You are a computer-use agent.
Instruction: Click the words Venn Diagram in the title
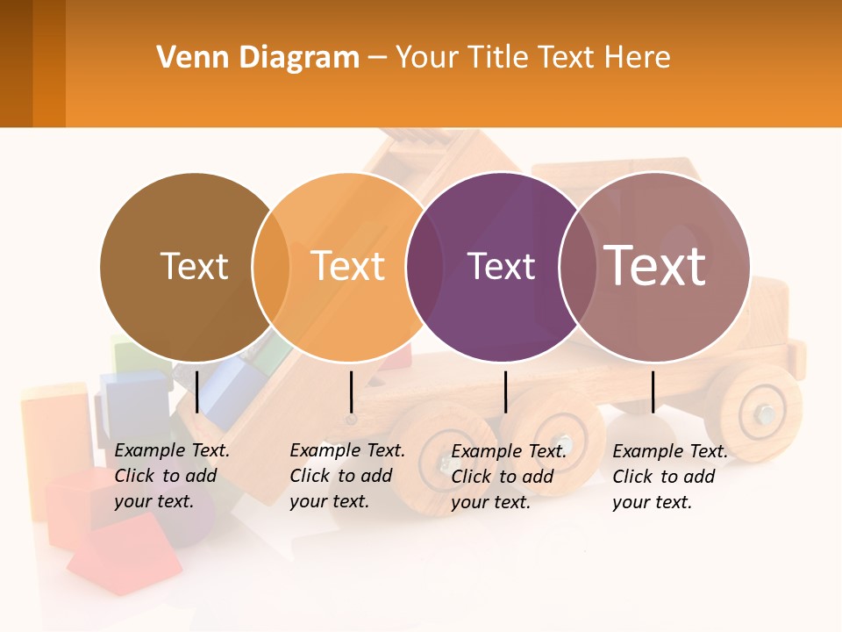[258, 58]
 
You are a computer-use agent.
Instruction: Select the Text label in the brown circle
[194, 266]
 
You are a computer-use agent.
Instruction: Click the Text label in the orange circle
[348, 266]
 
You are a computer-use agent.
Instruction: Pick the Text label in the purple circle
[501, 267]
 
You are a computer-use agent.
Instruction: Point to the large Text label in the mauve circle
[654, 265]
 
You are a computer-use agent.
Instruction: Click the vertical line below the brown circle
[196, 391]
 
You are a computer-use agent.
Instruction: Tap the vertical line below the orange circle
[351, 391]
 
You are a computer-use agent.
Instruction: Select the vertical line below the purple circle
[505, 391]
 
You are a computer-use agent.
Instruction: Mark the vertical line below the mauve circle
[653, 391]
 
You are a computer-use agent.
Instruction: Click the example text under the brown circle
[172, 476]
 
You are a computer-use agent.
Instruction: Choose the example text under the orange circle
[347, 476]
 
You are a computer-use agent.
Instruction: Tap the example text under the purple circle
[509, 477]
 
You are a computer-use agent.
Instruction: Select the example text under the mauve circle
[670, 477]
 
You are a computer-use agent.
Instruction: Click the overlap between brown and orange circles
[271, 267]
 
